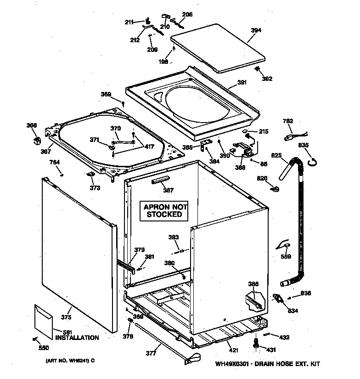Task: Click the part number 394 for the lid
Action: point(256,30)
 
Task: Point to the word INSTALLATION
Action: point(77,338)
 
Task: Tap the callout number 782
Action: point(287,121)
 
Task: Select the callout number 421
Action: point(233,351)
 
